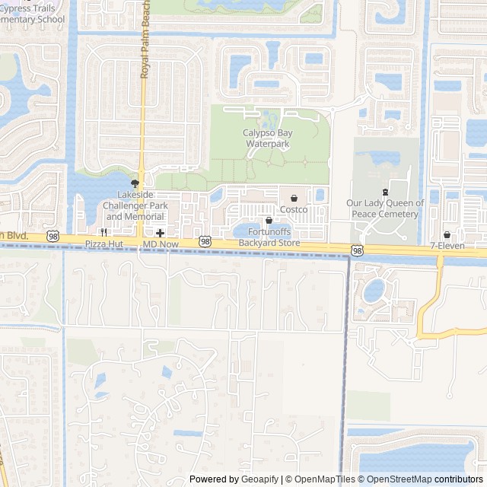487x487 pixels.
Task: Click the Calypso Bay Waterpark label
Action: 267,138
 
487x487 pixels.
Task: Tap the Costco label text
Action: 294,209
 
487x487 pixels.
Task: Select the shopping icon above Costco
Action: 294,198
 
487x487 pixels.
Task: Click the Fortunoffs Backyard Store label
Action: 269,237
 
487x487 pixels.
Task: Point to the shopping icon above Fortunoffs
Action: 269,221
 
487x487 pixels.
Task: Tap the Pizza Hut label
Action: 103,243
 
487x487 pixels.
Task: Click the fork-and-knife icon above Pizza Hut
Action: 103,232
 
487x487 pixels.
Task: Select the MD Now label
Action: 160,243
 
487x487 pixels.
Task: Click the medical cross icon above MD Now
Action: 160,232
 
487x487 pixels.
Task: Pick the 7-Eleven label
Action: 447,246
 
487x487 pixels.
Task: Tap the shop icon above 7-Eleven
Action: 447,234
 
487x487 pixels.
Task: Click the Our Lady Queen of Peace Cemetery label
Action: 385,208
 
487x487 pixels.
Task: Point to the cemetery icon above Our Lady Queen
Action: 385,192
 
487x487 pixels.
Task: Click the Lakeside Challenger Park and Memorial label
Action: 136,205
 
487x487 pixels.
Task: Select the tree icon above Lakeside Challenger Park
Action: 136,183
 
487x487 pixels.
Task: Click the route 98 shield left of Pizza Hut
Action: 53,237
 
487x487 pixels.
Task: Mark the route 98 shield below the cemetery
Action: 358,250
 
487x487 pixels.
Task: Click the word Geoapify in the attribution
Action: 260,479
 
